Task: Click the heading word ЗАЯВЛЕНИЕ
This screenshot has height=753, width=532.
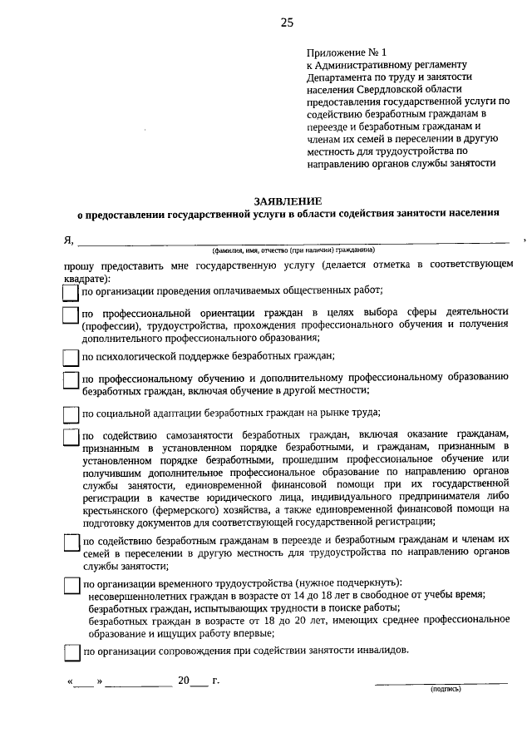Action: [x=288, y=201]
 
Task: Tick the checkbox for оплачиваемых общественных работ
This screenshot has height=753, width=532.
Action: [x=71, y=293]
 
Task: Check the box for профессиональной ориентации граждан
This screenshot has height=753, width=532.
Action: [x=71, y=315]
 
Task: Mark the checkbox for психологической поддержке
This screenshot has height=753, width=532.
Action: [x=71, y=358]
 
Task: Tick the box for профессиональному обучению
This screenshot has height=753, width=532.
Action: [x=71, y=380]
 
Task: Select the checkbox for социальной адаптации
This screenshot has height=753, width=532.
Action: [x=71, y=414]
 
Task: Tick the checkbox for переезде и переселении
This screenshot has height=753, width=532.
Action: [x=71, y=542]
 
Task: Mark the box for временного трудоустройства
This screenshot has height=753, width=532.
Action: [x=71, y=586]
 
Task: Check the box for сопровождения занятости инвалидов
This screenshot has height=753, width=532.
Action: [x=71, y=652]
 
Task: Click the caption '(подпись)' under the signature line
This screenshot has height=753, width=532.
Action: [x=445, y=690]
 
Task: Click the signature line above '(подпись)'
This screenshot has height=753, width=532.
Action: [x=441, y=682]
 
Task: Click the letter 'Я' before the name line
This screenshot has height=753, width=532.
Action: [x=68, y=240]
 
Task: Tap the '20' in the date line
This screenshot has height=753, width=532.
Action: [x=184, y=680]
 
